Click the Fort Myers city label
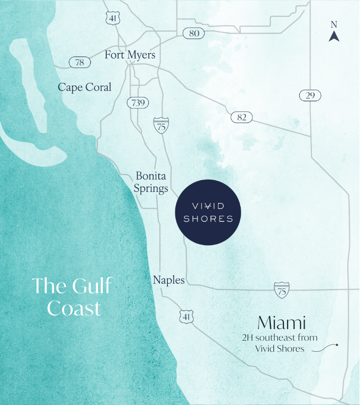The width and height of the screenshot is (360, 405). tap(130, 55)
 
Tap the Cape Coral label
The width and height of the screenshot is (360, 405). tap(84, 87)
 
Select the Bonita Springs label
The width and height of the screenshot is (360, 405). tap(151, 182)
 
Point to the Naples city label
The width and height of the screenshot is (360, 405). tap(168, 280)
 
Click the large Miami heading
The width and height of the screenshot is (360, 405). tap(282, 322)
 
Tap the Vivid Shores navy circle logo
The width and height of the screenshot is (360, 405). tap(208, 212)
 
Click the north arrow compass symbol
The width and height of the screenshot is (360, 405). tap(334, 36)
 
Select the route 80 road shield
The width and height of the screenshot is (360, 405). tap(194, 33)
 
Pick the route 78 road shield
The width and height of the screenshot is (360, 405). tap(80, 62)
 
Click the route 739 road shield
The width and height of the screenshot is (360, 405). tap(138, 102)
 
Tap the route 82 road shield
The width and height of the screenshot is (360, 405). tap(242, 117)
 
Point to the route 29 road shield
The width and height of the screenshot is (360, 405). tap(310, 95)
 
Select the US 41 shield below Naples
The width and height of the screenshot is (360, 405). tap(187, 316)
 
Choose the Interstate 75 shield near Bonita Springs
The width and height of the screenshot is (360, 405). tap(161, 125)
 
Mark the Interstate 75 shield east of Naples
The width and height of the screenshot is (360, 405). tap(282, 290)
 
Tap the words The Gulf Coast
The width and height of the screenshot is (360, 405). tap(72, 297)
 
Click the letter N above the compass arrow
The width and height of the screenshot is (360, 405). tap(334, 24)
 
